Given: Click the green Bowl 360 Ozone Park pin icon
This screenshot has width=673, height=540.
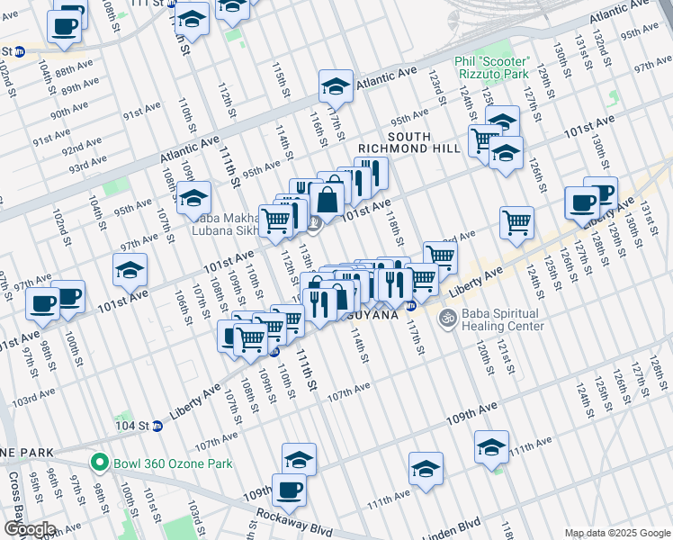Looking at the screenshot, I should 102,464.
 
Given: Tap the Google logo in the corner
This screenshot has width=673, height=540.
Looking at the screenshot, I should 29,529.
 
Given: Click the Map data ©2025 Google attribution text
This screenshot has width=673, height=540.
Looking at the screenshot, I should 616,533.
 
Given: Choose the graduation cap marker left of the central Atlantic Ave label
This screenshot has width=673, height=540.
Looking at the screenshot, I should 336,86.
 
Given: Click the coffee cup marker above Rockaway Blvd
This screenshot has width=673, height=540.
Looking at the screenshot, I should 289,490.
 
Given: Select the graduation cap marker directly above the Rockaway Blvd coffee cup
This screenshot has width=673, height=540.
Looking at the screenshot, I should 299,458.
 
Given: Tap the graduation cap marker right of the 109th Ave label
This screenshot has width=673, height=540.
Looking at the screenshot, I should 492,445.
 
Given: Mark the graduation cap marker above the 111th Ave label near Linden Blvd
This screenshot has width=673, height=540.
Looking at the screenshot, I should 426,467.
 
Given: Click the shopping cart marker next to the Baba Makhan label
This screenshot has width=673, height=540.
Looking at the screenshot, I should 276,220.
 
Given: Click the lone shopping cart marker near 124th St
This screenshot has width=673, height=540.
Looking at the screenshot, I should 516,222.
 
